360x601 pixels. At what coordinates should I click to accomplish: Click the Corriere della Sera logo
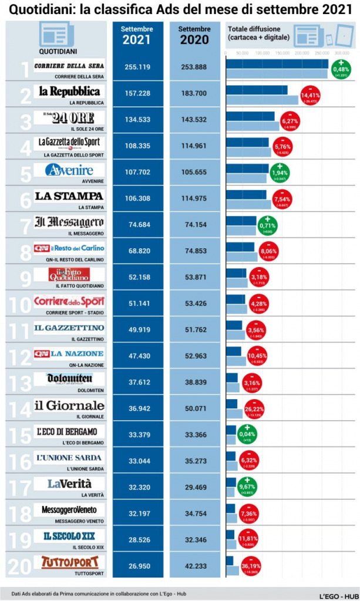point(69,66)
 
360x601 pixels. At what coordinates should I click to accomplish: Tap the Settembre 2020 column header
point(194,36)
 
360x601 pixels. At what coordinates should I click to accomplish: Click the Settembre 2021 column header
point(137,36)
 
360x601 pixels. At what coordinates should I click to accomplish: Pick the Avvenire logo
point(69,171)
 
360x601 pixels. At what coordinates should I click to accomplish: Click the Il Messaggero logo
point(69,222)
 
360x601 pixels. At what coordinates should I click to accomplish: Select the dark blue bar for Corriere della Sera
point(277,64)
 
